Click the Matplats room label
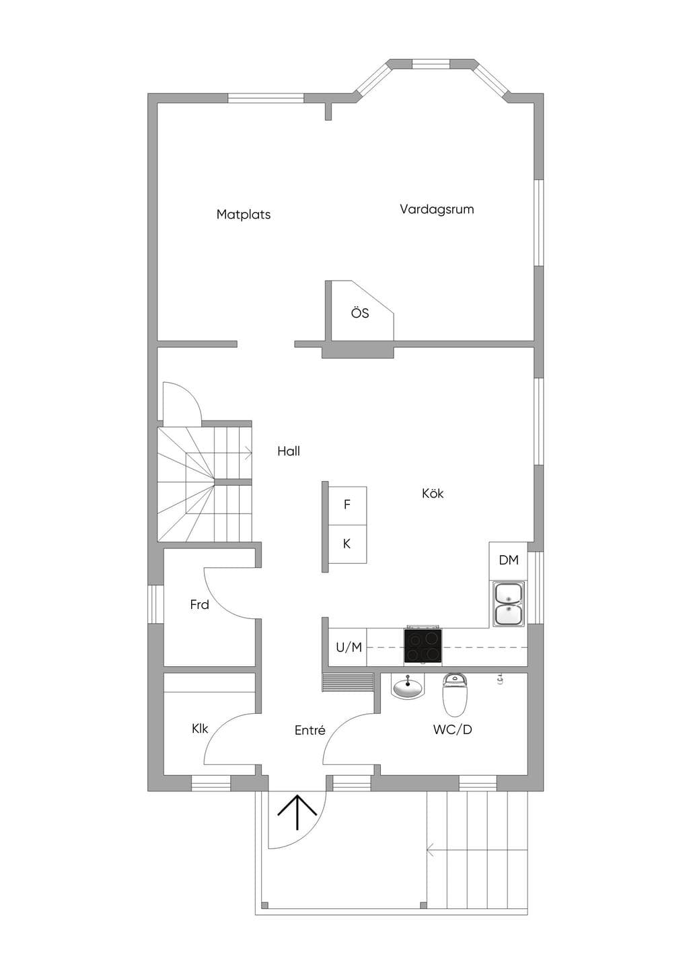coord(244,215)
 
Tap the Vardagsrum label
coord(437,210)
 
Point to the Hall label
coord(289,452)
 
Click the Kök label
coord(433,493)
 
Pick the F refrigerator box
coord(347,506)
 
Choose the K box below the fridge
coord(347,544)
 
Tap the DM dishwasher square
coord(509,561)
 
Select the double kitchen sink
coord(509,604)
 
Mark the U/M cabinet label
coord(349,647)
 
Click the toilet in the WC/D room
coord(455,695)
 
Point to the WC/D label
coord(453,730)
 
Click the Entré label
coord(310,730)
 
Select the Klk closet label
coord(200,728)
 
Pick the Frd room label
coord(199,605)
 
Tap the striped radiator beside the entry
coord(348,682)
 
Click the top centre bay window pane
coord(431,63)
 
